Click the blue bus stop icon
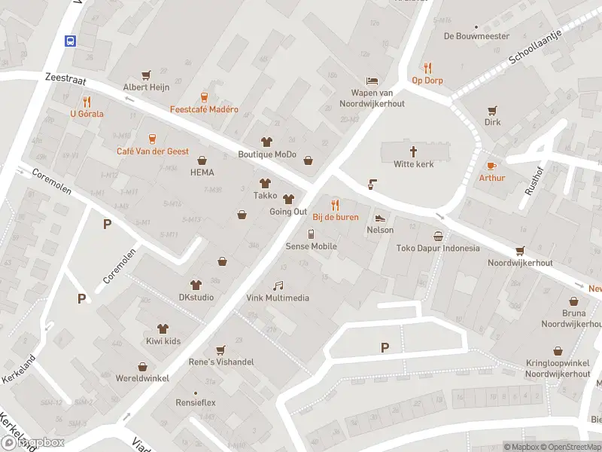tap(70, 41)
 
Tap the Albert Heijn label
tap(146, 87)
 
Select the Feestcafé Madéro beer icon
tap(203, 96)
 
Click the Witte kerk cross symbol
tap(413, 151)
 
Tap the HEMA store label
tap(202, 172)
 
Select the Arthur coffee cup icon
tap(491, 165)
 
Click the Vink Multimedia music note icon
tap(278, 286)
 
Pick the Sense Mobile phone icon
tap(311, 234)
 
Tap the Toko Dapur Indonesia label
tap(437, 248)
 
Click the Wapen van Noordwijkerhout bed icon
tap(371, 81)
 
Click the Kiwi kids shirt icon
tap(162, 328)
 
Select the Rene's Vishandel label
tap(220, 362)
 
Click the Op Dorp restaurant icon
tap(427, 68)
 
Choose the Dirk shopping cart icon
tap(492, 109)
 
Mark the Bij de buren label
tap(336, 217)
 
